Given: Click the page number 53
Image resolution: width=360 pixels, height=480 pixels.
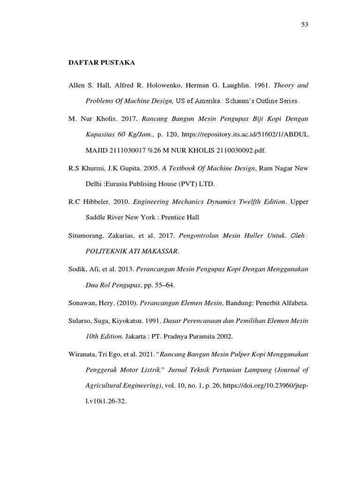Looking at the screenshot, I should (x=304, y=24).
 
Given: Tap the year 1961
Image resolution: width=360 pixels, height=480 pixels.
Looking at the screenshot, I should (x=259, y=86).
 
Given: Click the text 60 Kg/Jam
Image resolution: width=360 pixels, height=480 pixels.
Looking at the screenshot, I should (x=107, y=135).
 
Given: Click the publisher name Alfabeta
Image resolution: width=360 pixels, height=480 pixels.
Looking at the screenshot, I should (x=294, y=303).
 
